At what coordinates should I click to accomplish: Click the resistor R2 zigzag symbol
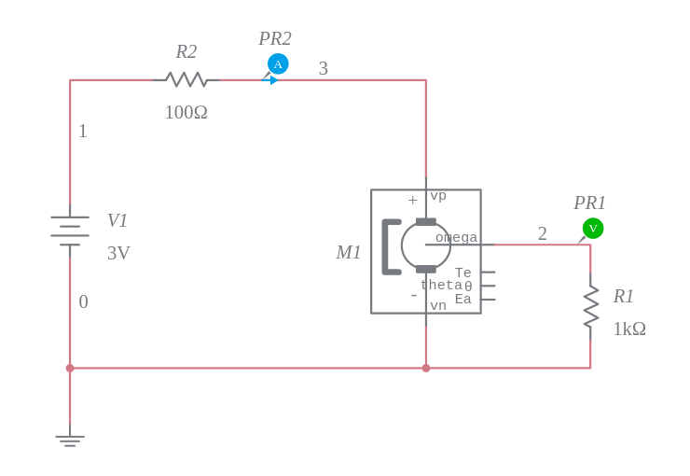[x=186, y=80]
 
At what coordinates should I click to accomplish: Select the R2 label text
[x=186, y=52]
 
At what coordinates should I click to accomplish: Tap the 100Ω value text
[x=186, y=112]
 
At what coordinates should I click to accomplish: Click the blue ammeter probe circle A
[x=278, y=63]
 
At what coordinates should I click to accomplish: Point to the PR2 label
[x=275, y=39]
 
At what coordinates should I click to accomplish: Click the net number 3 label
[x=324, y=68]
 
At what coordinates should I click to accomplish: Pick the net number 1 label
[x=83, y=132]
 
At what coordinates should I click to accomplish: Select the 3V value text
[x=118, y=253]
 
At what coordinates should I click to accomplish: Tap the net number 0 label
[x=83, y=302]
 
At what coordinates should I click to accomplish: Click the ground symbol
[x=70, y=440]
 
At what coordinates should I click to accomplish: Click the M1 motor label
[x=349, y=253]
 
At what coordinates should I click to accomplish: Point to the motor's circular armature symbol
[x=426, y=245]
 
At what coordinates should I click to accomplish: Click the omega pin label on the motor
[x=456, y=238]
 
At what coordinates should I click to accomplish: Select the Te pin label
[x=462, y=273]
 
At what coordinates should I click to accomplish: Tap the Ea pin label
[x=462, y=300]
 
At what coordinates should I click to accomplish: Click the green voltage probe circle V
[x=593, y=228]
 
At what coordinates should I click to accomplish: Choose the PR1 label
[x=589, y=203]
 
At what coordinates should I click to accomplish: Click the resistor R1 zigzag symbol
[x=590, y=307]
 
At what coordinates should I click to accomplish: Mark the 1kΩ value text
[x=629, y=329]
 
